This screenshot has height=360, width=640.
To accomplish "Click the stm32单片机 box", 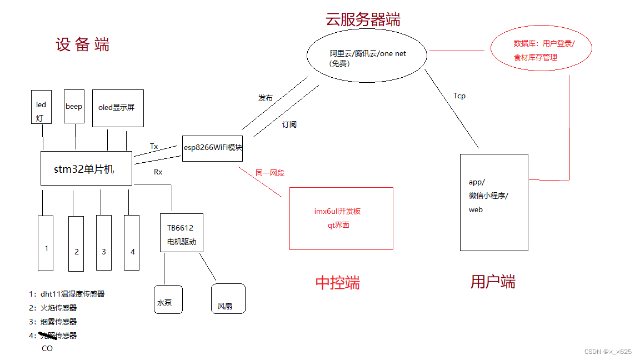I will (x=86, y=168).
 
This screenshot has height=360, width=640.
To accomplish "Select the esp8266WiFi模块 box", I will (x=212, y=148).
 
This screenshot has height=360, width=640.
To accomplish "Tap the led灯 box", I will (x=42, y=107).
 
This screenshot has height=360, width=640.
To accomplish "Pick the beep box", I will (x=74, y=106).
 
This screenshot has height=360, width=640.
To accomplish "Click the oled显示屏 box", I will (x=118, y=108).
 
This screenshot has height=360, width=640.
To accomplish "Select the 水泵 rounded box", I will (x=168, y=299).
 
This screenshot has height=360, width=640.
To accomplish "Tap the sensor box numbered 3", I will (x=104, y=243).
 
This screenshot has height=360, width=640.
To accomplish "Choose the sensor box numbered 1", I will (x=46, y=243).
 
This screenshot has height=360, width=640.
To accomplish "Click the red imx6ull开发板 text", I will (x=337, y=211).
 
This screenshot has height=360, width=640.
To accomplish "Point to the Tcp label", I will (x=459, y=96).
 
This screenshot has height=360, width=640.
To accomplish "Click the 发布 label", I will (x=266, y=98).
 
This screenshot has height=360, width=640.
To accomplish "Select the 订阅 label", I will (x=289, y=124).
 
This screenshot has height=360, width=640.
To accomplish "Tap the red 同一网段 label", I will (x=270, y=173).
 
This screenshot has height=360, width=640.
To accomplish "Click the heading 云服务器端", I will (x=363, y=20).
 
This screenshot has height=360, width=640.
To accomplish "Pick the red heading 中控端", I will (x=337, y=283).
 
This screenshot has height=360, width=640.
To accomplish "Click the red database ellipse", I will (x=542, y=50).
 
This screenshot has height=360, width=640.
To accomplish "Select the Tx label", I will (x=154, y=147).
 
